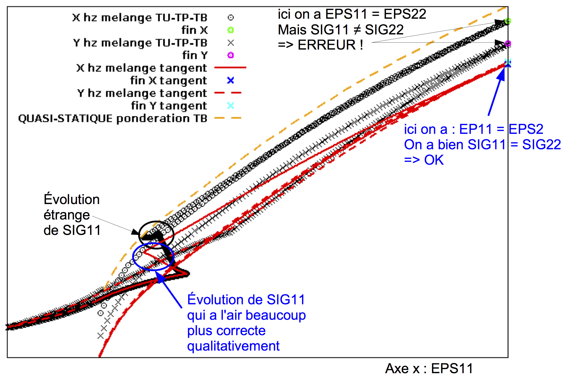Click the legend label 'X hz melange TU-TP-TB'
[x=140, y=18]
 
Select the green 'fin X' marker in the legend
[x=231, y=30]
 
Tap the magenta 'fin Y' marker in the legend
[x=231, y=55]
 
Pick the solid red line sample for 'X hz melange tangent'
[x=230, y=67]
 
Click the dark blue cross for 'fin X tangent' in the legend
[x=231, y=80]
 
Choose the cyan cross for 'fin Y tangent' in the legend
[x=231, y=105]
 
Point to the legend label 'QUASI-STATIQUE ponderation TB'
[x=113, y=118]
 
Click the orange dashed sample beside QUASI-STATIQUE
[x=228, y=118]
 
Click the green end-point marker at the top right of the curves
[x=508, y=21]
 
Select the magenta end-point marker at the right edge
[x=508, y=44]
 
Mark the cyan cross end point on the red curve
[x=508, y=63]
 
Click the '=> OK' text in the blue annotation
[x=424, y=160]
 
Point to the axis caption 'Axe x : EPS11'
[x=429, y=368]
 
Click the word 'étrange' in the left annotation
[x=67, y=215]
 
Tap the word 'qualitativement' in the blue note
[x=233, y=346]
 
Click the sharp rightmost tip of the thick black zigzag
[x=189, y=274]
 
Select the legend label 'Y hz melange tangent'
[x=142, y=93]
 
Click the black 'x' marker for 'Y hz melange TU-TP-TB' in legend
[x=231, y=43]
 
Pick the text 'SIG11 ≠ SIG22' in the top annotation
[x=384, y=29]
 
